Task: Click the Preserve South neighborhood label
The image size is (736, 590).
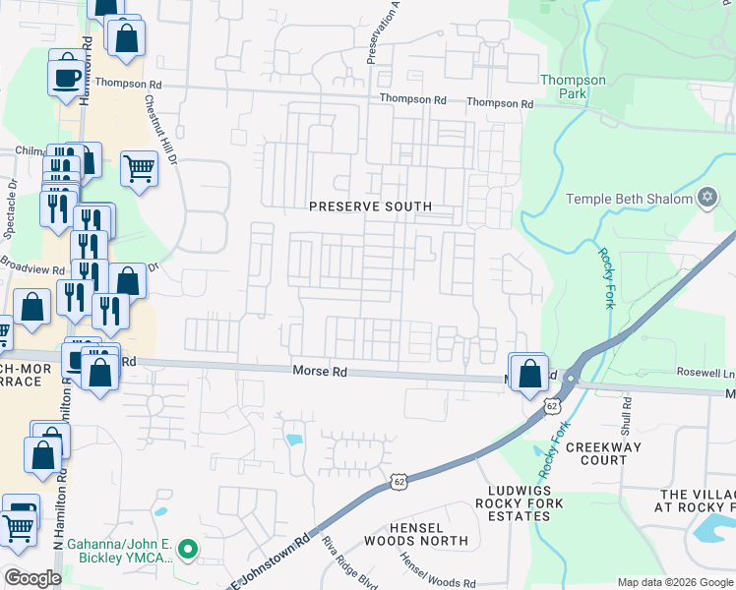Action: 370,206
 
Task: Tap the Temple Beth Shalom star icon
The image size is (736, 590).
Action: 705,199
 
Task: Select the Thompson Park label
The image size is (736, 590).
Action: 574,87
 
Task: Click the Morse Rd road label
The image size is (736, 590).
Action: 320,372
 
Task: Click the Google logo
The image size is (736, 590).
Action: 32,578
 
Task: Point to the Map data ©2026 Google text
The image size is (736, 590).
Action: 674,582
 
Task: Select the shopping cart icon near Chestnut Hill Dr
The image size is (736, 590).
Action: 139,168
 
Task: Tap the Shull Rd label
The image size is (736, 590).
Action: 626,417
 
